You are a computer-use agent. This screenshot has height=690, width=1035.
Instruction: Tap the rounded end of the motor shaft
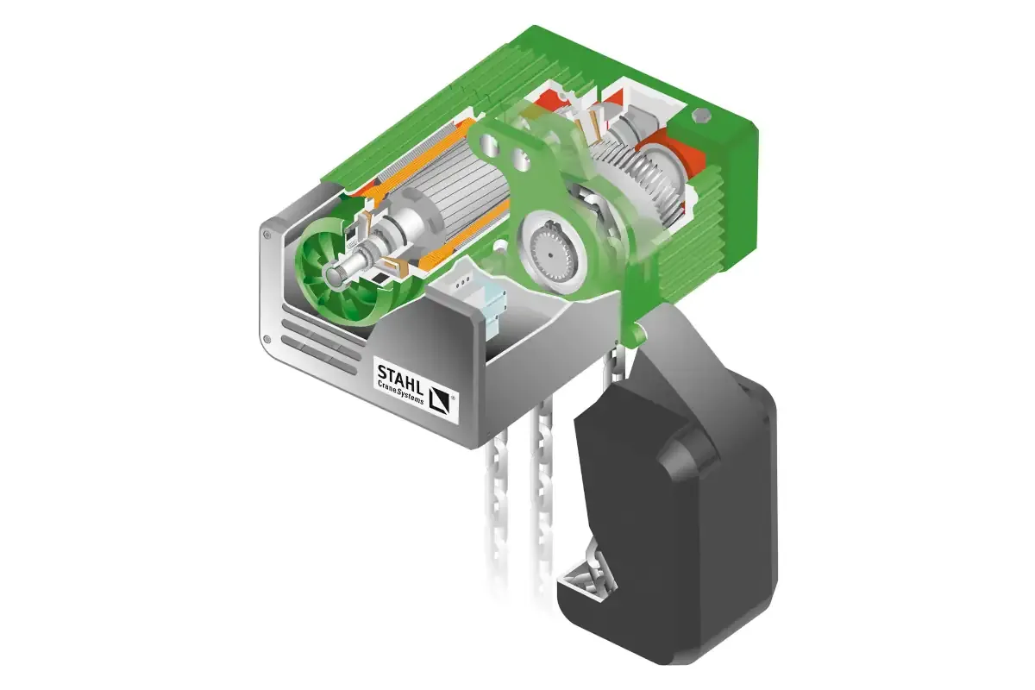[x=332, y=276]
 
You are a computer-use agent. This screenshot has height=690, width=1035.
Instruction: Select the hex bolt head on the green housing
[x=701, y=116]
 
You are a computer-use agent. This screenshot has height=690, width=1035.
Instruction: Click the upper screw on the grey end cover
[x=267, y=235]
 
